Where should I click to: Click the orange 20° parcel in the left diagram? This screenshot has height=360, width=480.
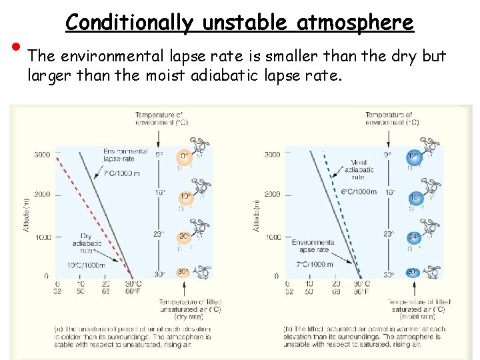(x=184, y=236)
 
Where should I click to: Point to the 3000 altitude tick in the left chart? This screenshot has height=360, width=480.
(x=42, y=155)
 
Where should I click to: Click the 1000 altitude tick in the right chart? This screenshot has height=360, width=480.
(x=273, y=237)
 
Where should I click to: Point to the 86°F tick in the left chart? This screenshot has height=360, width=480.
(x=133, y=291)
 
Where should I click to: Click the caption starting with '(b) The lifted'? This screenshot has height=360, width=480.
(x=363, y=337)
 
